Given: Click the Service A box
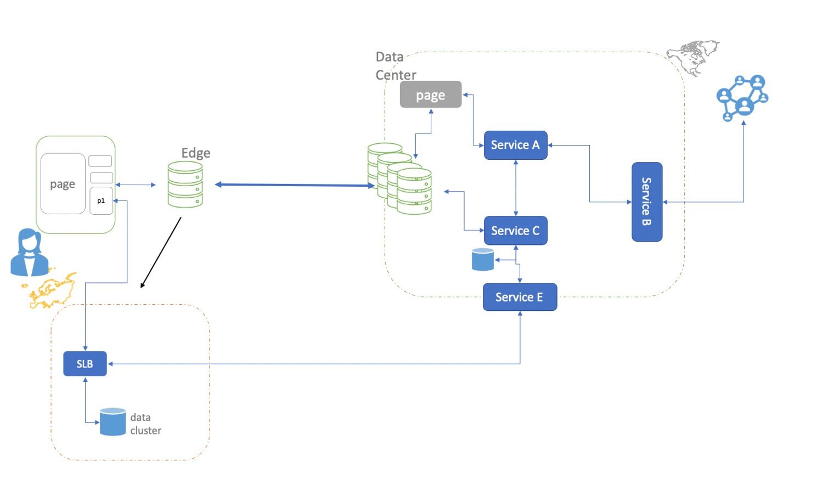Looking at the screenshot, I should tap(515, 145).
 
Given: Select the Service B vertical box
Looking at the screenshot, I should tap(646, 202).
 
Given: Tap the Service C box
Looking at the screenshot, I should tap(515, 231).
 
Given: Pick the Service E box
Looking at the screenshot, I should tap(519, 297).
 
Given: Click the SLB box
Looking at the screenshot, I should tap(85, 364).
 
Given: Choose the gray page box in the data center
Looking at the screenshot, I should tap(430, 94).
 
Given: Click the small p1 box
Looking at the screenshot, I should tap(101, 201).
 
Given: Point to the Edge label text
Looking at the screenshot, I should tap(196, 153).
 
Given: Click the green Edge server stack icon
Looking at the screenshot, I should tap(185, 185).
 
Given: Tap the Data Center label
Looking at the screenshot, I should tap(395, 66).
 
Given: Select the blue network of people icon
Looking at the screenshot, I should tap(742, 97).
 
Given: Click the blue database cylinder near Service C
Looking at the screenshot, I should tap(483, 259).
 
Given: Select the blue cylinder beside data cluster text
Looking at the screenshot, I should tap(113, 422).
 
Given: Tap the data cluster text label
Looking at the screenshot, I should tap(145, 424).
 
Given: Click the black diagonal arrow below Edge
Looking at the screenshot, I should tap(161, 252).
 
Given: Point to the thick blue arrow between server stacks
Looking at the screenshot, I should tap(295, 185).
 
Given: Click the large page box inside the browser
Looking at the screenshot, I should tap(63, 183).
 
